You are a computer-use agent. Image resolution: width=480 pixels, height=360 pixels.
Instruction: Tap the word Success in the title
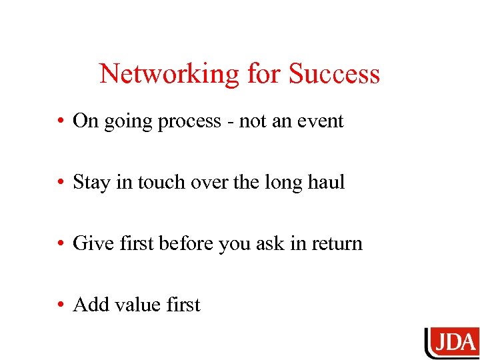pos(334,74)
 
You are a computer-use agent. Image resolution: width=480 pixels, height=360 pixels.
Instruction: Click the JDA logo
pos(452,343)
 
